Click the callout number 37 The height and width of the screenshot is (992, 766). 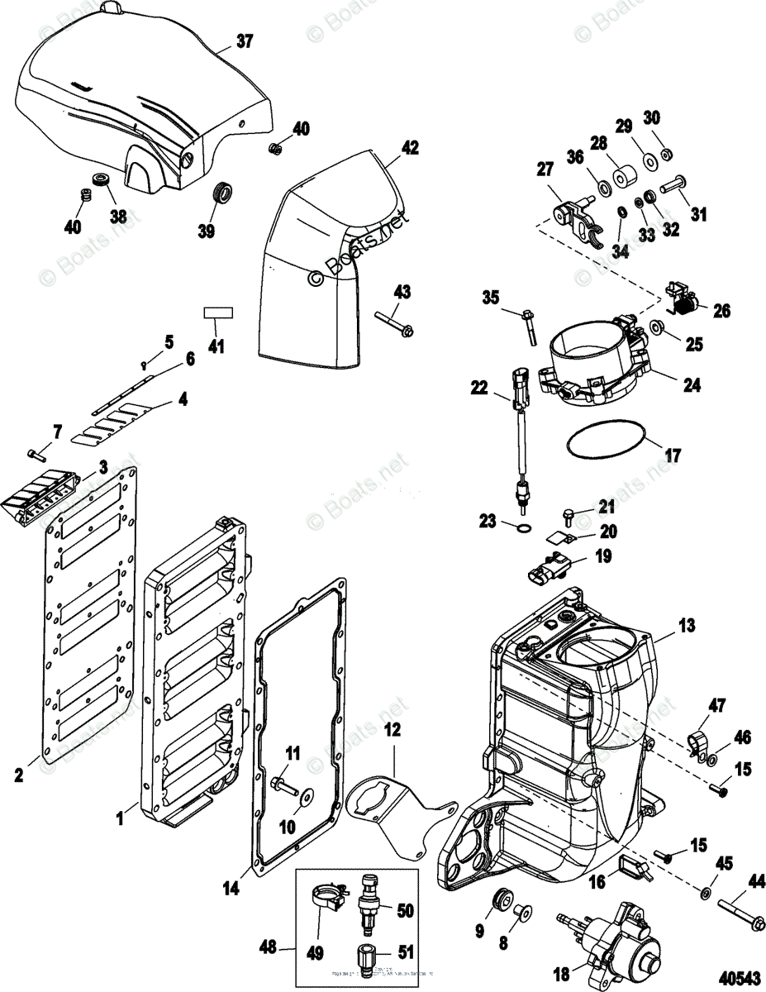[245, 41]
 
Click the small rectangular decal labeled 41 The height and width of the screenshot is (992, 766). [219, 313]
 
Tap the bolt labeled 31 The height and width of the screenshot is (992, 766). [672, 180]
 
